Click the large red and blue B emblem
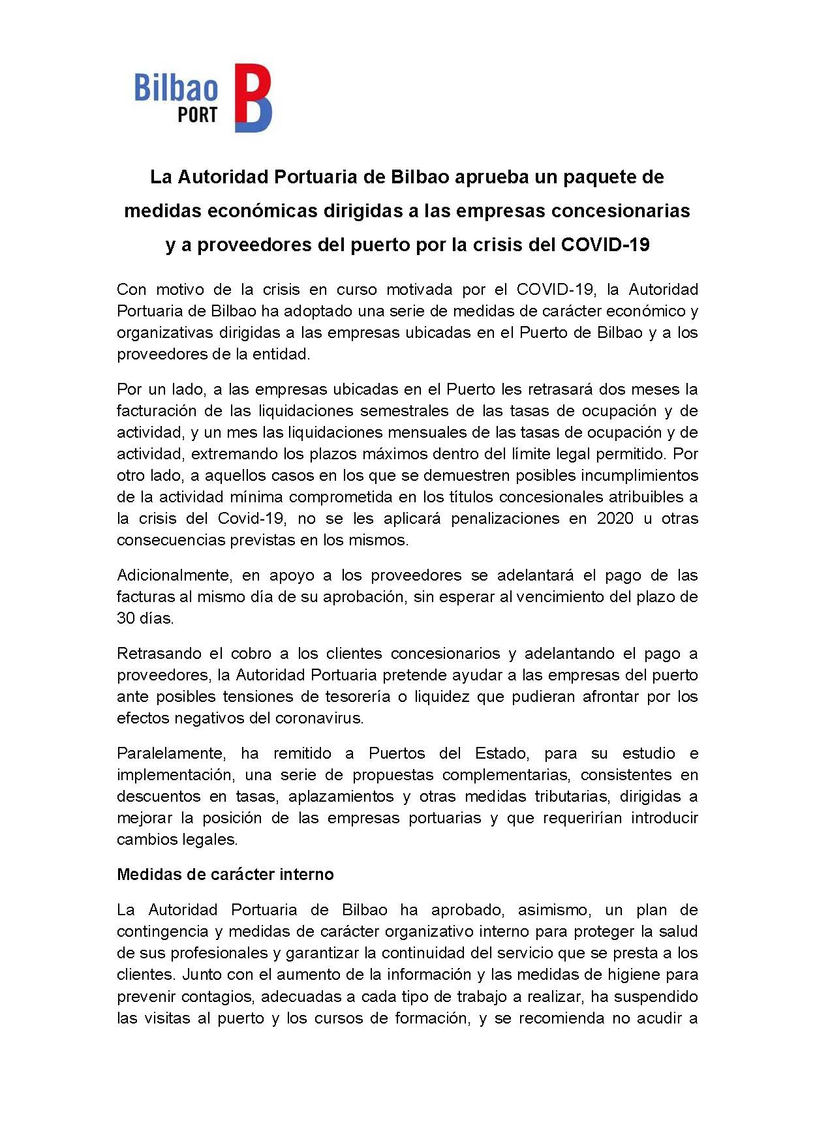[253, 98]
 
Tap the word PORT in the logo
[197, 115]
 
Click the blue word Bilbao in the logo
[176, 88]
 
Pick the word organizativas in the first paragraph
[165, 333]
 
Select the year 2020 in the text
[615, 519]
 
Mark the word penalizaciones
[505, 519]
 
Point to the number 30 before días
[125, 618]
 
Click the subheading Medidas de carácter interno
[225, 875]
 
